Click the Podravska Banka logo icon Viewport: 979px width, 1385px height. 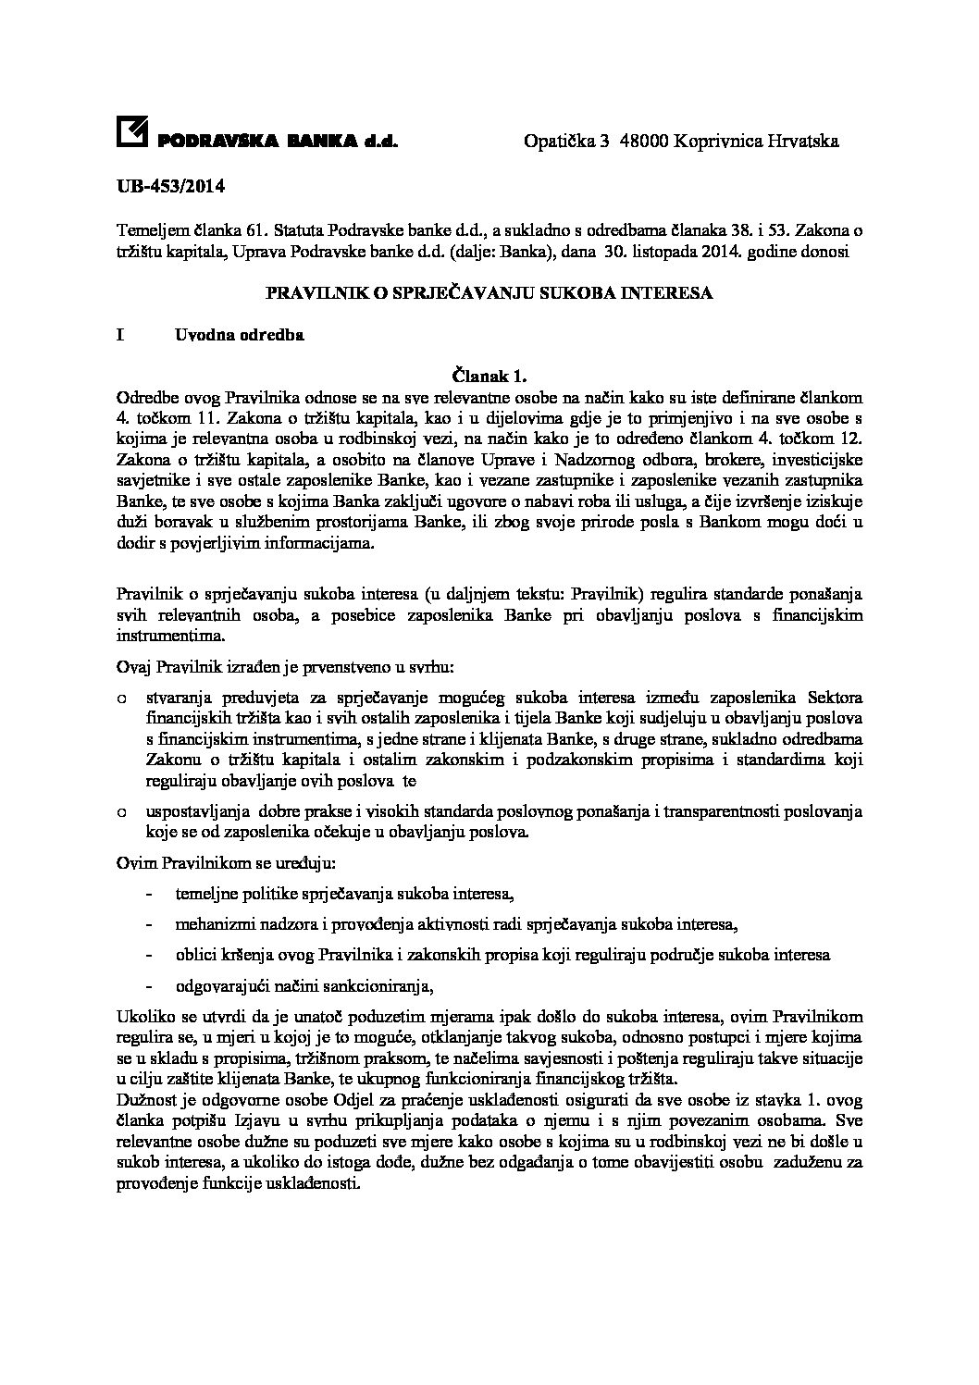(131, 133)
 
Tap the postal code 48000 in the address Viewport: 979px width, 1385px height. (644, 142)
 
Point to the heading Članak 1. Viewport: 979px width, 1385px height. (489, 376)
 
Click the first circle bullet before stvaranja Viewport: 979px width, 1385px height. (121, 697)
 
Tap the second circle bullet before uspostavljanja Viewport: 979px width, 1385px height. (121, 812)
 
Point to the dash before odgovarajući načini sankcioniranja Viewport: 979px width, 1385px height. (150, 984)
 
